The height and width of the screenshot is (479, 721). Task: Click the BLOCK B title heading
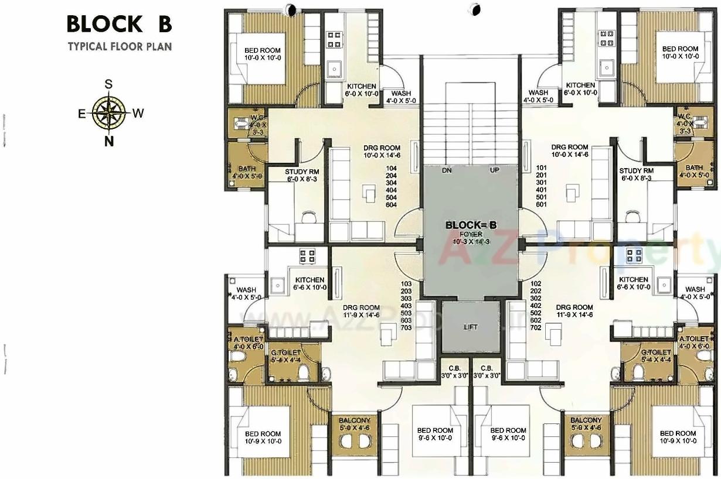point(119,25)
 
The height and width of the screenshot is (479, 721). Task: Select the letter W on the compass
point(138,114)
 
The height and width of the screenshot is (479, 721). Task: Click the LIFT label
point(470,327)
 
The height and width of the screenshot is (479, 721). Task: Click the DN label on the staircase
point(447,170)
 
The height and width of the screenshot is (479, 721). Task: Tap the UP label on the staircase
point(494,170)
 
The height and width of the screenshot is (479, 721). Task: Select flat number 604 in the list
point(392,205)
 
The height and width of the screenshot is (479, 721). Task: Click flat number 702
point(535,327)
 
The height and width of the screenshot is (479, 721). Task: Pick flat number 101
point(541,168)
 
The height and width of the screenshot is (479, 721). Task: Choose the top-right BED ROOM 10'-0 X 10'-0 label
point(680,53)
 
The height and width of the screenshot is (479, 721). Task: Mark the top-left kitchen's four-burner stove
point(334,39)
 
